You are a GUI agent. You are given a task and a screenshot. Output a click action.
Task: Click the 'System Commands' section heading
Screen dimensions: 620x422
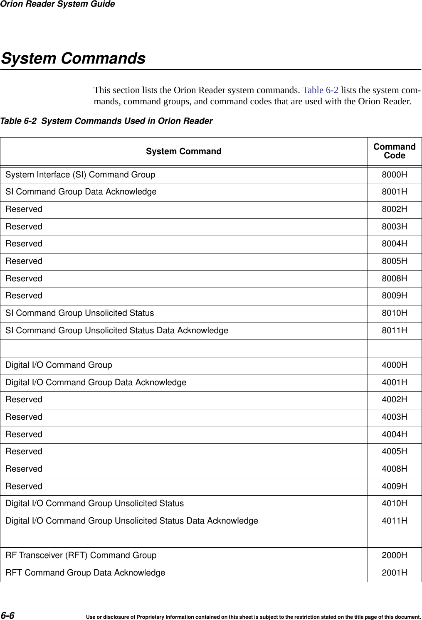74,58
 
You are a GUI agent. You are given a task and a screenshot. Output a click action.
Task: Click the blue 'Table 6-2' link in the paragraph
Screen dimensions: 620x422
320,90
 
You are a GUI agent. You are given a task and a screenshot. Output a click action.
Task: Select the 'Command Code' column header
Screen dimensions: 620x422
394,151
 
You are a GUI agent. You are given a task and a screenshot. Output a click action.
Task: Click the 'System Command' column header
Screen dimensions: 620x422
183,151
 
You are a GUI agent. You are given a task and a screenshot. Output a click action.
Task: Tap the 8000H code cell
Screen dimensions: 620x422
394,175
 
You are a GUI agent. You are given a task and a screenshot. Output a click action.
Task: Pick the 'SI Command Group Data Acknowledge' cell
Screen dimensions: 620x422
81,192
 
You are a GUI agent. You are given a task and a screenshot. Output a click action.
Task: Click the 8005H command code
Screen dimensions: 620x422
394,261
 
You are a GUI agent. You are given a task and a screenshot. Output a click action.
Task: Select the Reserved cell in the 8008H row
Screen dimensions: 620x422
24,279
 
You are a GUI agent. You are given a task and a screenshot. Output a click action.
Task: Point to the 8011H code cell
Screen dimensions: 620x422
394,331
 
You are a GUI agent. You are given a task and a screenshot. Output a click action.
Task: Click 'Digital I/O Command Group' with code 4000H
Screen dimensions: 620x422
59,365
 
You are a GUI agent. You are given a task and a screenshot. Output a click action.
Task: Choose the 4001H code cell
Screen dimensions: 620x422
394,382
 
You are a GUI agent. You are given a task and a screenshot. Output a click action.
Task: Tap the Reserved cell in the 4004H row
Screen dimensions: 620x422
24,435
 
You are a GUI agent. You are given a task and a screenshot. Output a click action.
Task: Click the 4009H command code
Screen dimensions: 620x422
394,487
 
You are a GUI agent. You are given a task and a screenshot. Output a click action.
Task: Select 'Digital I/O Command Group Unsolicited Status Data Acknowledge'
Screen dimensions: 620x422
131,521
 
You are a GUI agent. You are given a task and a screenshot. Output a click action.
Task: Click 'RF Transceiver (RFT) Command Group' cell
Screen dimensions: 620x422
81,556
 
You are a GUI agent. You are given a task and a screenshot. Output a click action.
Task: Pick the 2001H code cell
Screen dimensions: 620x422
394,573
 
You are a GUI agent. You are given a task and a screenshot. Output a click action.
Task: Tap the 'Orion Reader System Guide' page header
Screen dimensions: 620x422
57,4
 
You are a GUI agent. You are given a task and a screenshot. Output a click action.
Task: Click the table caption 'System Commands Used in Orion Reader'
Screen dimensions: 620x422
127,121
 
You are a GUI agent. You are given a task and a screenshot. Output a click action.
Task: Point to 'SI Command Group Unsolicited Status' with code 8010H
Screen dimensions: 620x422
79,313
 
